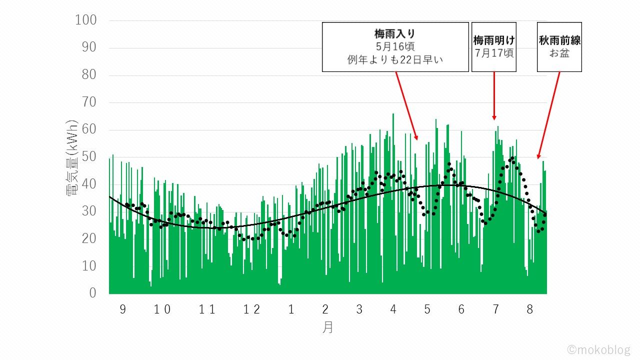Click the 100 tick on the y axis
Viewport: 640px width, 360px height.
tap(85, 20)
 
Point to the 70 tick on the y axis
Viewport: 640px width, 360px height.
tap(88, 102)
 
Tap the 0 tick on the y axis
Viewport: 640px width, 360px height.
tap(92, 293)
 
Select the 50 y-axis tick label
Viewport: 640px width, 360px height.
tap(88, 157)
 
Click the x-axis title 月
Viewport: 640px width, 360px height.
tap(327, 327)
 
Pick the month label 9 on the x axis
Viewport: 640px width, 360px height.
tap(123, 309)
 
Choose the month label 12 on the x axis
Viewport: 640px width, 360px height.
tap(252, 309)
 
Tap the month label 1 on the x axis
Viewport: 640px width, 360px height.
tap(291, 309)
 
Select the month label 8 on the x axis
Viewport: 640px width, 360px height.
tap(530, 309)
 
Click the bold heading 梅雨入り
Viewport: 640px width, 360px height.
tap(395, 34)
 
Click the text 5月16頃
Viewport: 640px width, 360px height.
tap(395, 46)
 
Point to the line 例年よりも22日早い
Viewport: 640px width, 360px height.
tap(395, 60)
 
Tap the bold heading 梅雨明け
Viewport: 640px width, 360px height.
tap(494, 40)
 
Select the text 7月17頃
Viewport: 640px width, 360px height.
tap(494, 52)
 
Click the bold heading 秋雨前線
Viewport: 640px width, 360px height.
tap(559, 40)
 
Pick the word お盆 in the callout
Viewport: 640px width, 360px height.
tap(559, 52)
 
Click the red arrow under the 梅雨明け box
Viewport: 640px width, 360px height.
tap(494, 95)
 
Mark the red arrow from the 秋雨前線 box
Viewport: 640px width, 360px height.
tap(548, 115)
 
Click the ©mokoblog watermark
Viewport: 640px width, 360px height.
tap(598, 349)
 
